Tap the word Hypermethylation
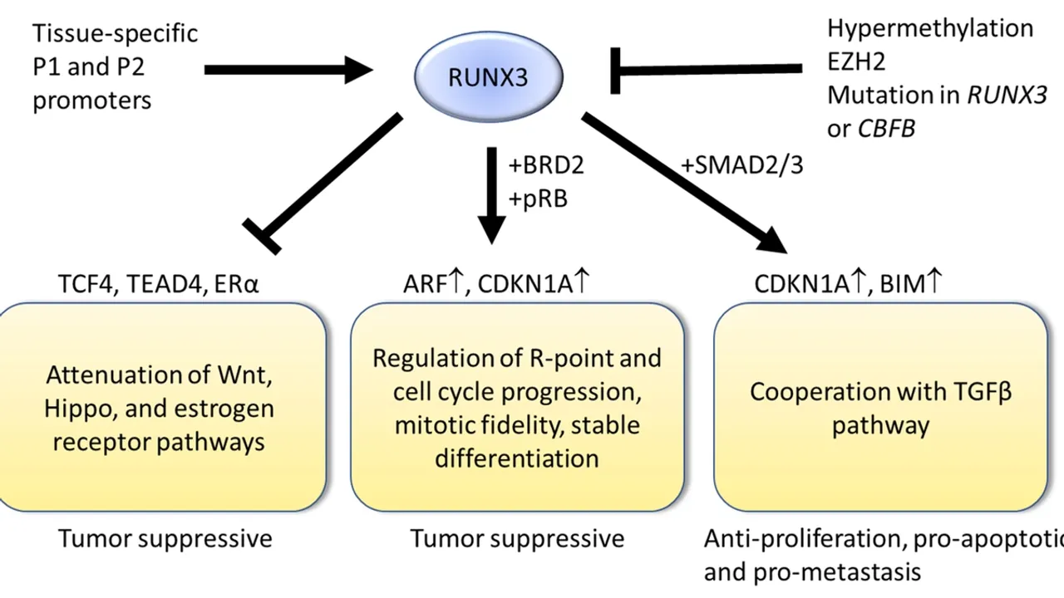929,27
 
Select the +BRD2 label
545,165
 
